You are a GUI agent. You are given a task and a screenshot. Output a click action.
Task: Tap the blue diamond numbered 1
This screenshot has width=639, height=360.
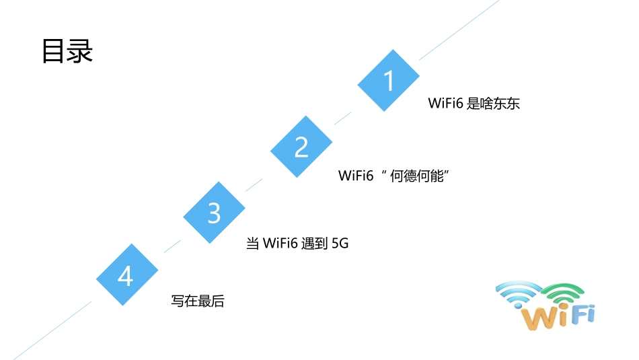(x=388, y=81)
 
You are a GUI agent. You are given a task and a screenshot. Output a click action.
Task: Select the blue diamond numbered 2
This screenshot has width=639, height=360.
(x=301, y=147)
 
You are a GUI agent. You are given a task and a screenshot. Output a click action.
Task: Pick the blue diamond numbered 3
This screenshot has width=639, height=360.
(x=214, y=213)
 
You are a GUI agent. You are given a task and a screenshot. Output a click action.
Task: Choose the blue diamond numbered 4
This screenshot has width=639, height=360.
(x=126, y=275)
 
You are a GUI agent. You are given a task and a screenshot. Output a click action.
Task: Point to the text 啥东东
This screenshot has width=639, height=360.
(x=500, y=104)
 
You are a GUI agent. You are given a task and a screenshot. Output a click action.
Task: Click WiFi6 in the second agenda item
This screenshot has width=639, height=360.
(x=356, y=176)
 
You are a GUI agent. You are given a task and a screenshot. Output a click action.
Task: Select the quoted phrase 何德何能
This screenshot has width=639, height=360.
(x=420, y=176)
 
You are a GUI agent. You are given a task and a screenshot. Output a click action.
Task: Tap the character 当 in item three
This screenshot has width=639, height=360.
(x=253, y=244)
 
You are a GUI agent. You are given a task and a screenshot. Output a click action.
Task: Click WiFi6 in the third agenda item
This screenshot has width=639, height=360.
(x=280, y=244)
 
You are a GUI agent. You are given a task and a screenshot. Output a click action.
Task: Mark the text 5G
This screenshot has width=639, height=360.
(x=340, y=244)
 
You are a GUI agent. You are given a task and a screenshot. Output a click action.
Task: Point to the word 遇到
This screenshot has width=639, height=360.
(x=314, y=244)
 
